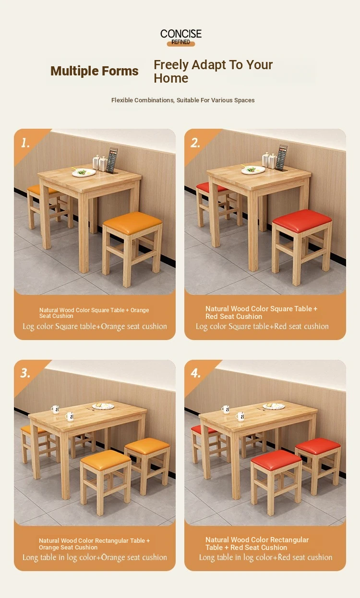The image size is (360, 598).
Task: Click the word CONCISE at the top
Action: pyautogui.click(x=181, y=34)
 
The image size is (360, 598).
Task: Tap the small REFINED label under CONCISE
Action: pyautogui.click(x=180, y=42)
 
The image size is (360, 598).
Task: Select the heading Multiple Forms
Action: pyautogui.click(x=95, y=71)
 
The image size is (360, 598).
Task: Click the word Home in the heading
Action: pyautogui.click(x=171, y=78)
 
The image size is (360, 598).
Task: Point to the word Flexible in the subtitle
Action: pyautogui.click(x=122, y=100)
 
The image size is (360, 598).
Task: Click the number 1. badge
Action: pyautogui.click(x=25, y=143)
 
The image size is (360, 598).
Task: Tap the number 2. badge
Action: pyautogui.click(x=195, y=143)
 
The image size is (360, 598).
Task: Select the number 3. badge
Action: pyautogui.click(x=25, y=373)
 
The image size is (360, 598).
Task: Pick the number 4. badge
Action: pyautogui.click(x=196, y=373)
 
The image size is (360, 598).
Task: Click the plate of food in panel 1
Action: pyautogui.click(x=84, y=172)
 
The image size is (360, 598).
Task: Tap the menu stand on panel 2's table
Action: pyautogui.click(x=282, y=158)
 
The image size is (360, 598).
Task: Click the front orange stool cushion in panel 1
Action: pyautogui.click(x=132, y=223)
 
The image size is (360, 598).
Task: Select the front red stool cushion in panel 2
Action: pyautogui.click(x=302, y=220)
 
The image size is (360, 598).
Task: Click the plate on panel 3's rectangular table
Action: pyautogui.click(x=103, y=406)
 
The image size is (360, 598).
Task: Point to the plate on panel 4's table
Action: pyautogui.click(x=274, y=406)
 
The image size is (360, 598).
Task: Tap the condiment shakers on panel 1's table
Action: pyautogui.click(x=100, y=163)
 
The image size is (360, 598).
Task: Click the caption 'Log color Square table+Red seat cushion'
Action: pyautogui.click(x=262, y=327)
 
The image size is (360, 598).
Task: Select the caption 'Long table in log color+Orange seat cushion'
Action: pyautogui.click(x=95, y=558)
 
